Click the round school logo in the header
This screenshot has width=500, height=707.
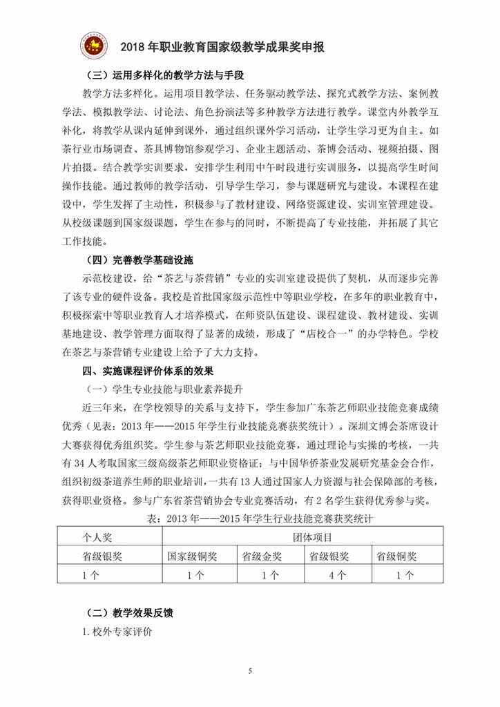95,46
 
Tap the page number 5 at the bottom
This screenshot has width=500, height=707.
250,670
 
